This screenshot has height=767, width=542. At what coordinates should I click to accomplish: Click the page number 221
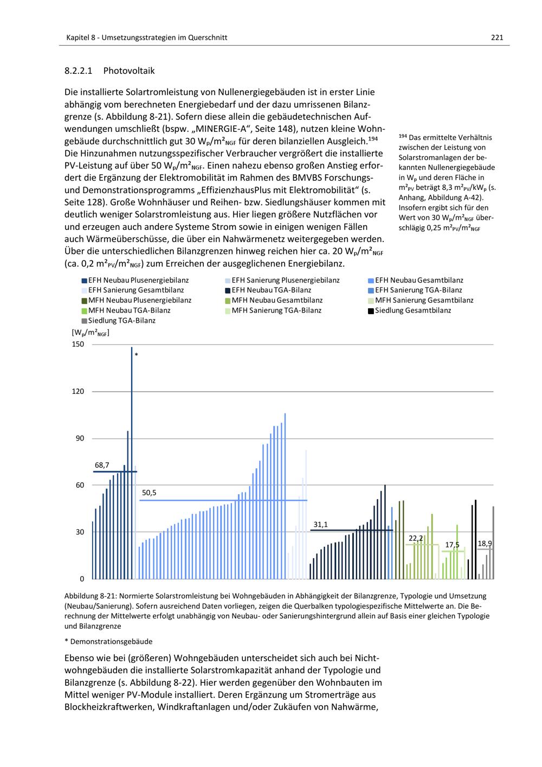point(497,37)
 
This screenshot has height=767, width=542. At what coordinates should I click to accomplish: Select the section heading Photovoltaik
point(128,71)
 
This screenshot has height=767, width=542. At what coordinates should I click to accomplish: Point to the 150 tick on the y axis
point(78,344)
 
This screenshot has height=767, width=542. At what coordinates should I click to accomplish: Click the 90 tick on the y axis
point(80,438)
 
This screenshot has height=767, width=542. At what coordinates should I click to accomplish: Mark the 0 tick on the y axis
point(82,579)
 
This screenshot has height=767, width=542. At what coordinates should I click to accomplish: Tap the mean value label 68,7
point(102,465)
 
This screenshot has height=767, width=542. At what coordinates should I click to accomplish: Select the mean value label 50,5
point(149,493)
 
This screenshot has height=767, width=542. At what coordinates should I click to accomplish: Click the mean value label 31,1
point(320,525)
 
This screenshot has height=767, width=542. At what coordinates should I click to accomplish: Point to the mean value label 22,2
point(416,538)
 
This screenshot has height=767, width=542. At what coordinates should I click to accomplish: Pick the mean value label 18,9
point(485,544)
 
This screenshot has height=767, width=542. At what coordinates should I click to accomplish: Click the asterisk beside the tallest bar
point(137,355)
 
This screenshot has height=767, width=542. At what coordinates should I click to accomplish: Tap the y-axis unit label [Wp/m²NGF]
point(91,333)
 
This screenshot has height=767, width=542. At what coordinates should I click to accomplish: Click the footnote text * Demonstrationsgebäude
point(108,642)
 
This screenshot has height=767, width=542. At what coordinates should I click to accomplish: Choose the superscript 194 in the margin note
point(403,136)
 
